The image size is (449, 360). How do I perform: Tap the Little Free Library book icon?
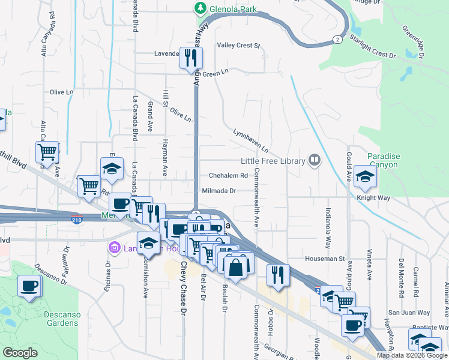pos(314,160)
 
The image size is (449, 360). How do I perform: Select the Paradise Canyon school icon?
pos(364,176)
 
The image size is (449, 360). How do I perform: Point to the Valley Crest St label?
pos(238,45)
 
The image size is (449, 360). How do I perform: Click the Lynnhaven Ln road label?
pos(250,140)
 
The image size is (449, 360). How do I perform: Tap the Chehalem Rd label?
pos(228,176)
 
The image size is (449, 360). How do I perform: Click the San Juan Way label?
pos(409,313)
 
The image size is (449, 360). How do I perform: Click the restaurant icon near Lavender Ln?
pos(191,58)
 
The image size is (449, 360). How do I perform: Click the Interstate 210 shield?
pos(76,219)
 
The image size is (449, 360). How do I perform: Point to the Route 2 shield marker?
pos(338,39)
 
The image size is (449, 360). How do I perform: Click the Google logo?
pos(20,353)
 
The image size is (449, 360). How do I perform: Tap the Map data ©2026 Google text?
pos(412,355)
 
